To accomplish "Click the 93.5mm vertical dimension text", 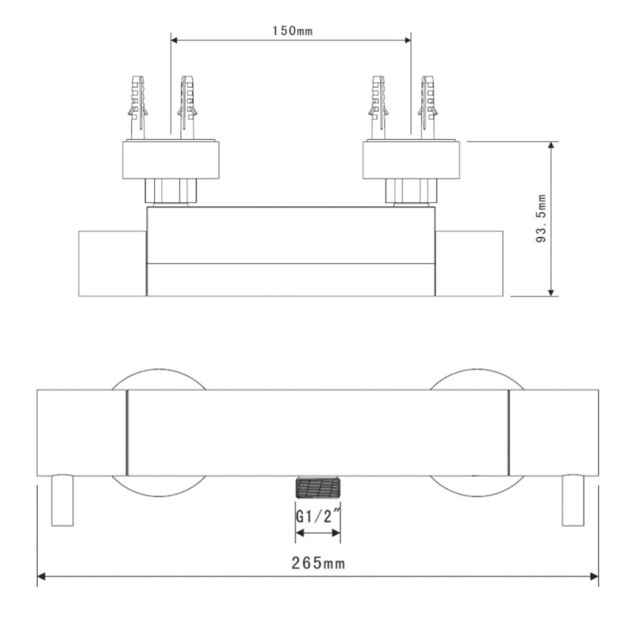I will (x=541, y=219).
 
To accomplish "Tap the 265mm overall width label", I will (x=318, y=562).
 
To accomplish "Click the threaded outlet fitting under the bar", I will (x=318, y=487).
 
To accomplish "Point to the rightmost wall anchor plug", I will (x=427, y=107).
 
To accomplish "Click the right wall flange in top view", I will (x=411, y=160).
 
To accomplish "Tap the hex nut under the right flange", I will (x=411, y=192).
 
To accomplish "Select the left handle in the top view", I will (x=111, y=263).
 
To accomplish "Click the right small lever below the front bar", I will (x=572, y=501).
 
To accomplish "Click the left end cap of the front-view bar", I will (x=82, y=432).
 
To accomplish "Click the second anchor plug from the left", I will (x=186, y=107).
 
